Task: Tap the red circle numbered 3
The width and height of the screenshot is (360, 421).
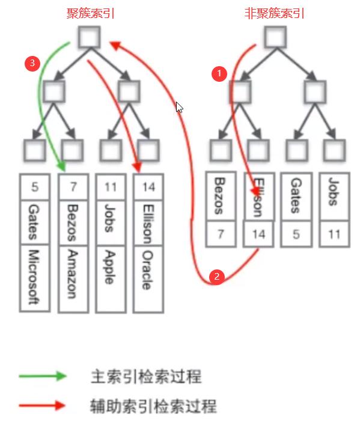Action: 33,63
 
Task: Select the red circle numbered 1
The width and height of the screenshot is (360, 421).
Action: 219,73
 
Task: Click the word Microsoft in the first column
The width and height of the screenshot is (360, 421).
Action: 35,278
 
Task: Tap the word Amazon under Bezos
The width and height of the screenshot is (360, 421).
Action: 72,274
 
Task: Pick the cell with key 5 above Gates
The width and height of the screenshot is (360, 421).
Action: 35,187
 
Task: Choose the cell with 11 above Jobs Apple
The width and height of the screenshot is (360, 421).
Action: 110,187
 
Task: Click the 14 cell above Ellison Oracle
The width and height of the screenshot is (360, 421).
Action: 148,187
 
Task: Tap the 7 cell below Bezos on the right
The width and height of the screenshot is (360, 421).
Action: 220,234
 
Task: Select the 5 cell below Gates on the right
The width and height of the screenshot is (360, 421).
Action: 295,234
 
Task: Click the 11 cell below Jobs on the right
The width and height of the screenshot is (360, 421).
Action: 333,234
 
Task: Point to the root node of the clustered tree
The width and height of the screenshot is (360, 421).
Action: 90,38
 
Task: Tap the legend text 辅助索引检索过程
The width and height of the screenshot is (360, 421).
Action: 153,405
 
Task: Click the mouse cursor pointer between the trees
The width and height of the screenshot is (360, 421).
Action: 179,108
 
